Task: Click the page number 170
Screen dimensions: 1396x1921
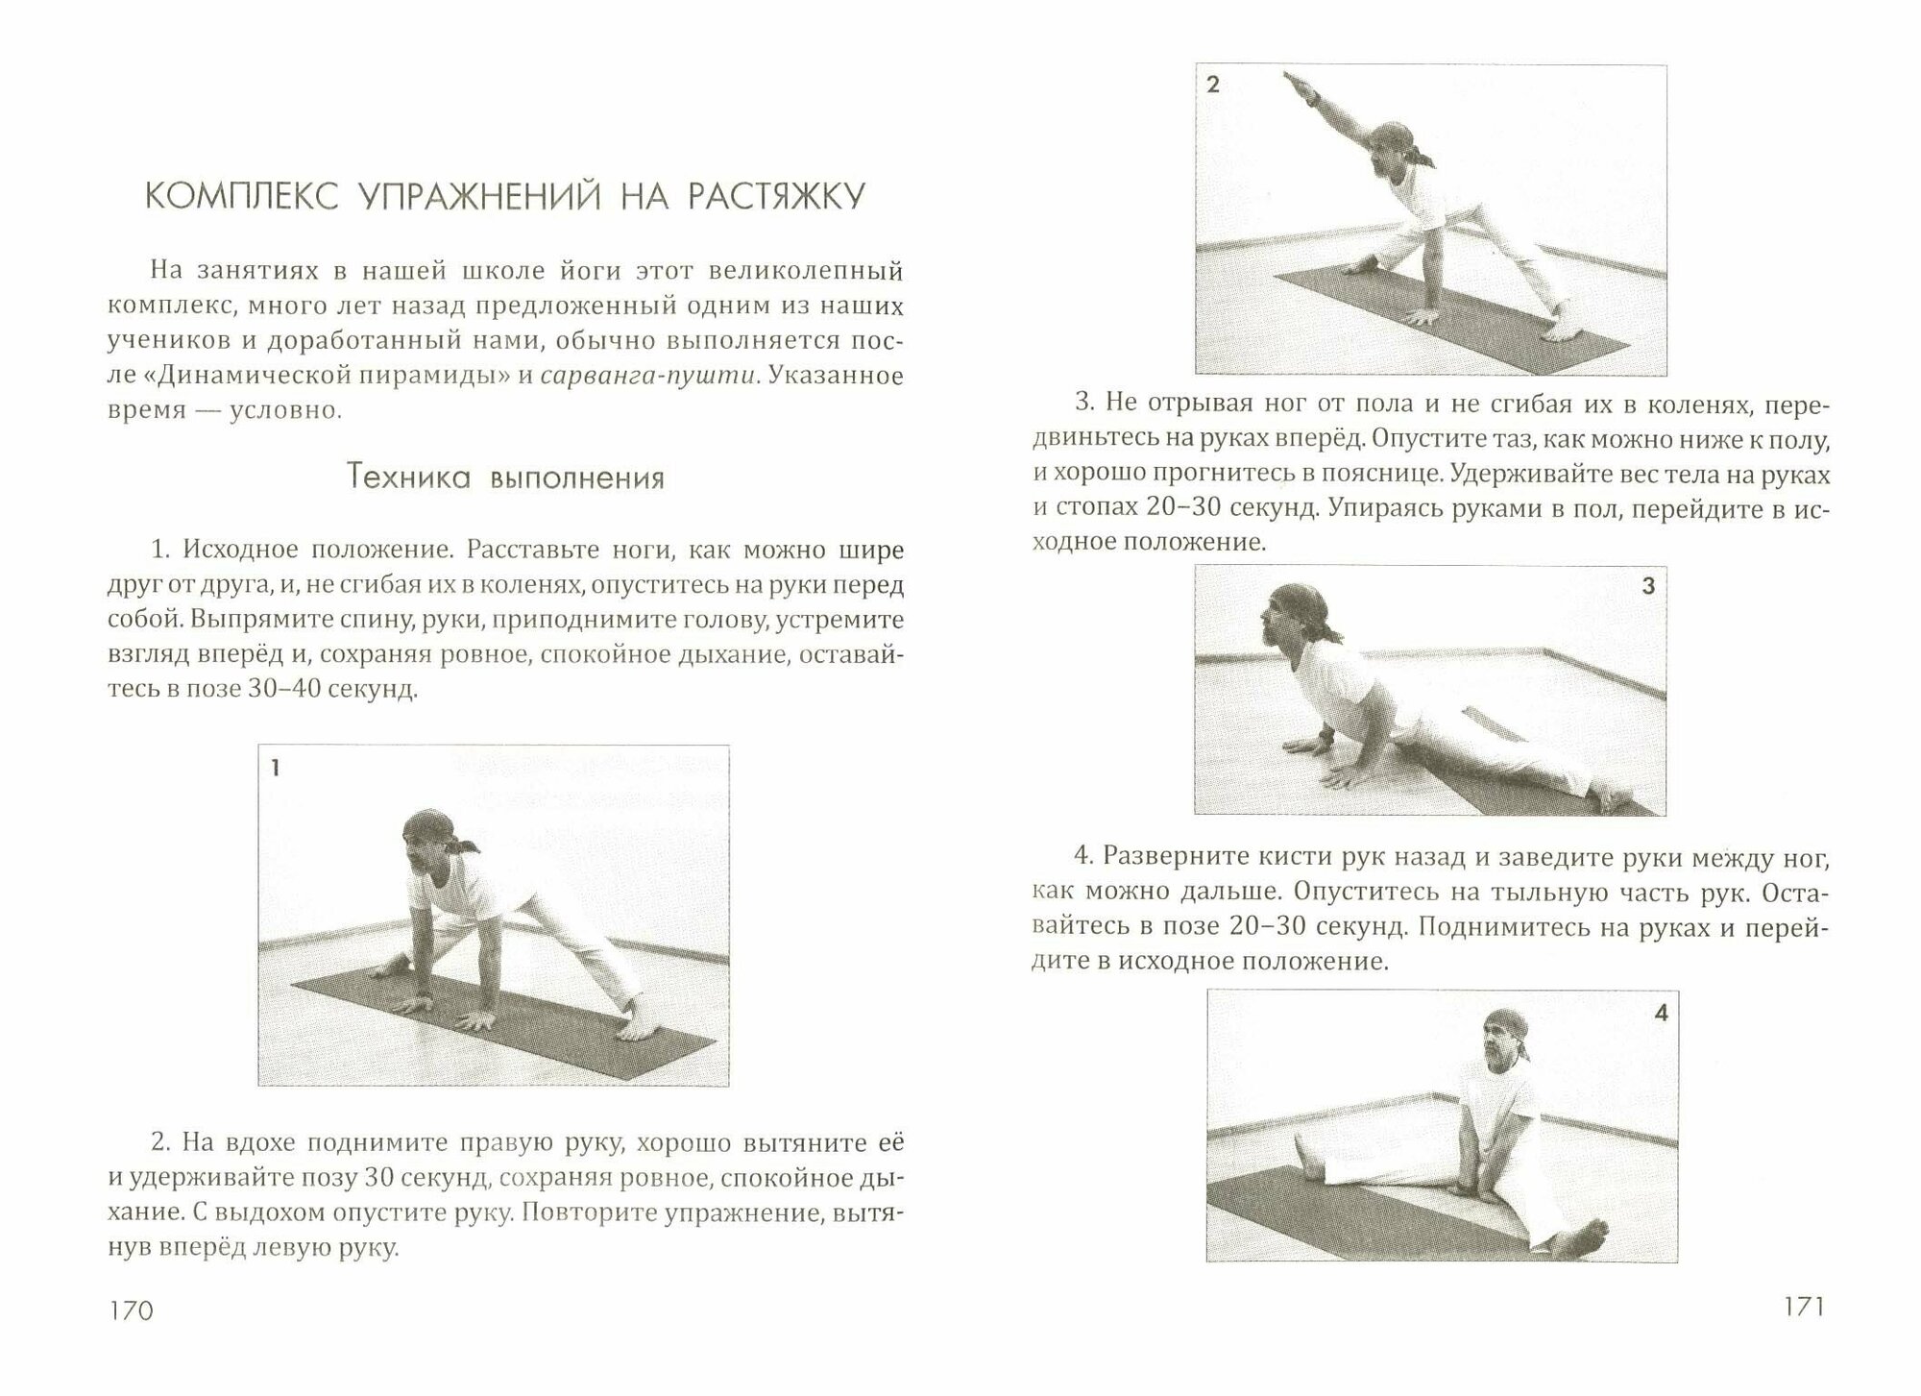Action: coord(133,1310)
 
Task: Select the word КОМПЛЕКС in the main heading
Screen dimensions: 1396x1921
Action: coord(241,197)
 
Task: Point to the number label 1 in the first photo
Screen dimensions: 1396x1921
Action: coord(276,768)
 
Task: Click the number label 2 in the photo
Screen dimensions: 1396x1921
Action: coord(1213,86)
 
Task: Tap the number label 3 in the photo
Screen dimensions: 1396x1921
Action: coord(1648,586)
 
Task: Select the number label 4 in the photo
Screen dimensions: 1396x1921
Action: coord(1662,1013)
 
